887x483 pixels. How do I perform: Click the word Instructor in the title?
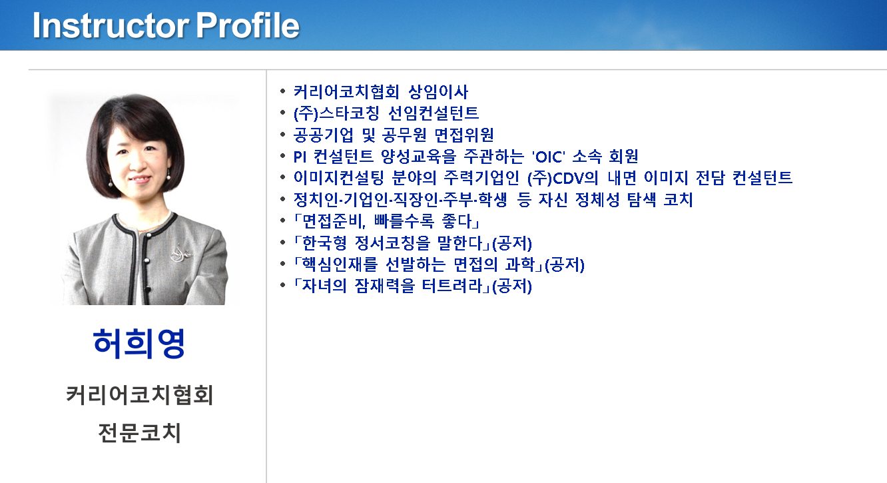tap(111, 26)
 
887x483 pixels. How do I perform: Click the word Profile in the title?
tap(248, 26)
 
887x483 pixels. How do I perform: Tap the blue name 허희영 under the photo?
tap(139, 344)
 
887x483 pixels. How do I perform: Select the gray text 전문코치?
tap(139, 432)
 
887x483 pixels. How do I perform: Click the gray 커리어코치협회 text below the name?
tap(139, 394)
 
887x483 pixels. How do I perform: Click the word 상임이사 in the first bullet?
tap(438, 92)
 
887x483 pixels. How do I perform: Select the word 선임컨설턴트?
tap(434, 113)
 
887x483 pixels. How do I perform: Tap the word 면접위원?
tap(464, 135)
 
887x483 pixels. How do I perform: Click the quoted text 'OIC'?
tap(549, 157)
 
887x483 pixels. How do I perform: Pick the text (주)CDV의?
tap(563, 179)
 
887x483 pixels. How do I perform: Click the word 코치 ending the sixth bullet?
tap(678, 200)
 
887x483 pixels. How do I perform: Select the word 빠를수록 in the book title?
tap(404, 221)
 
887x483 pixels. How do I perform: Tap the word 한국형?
tap(324, 243)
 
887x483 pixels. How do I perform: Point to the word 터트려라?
tap(451, 286)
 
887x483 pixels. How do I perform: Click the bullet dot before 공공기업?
tap(283, 135)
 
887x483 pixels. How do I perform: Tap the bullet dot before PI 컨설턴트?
tap(283, 156)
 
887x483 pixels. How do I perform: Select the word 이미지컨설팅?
tap(338, 179)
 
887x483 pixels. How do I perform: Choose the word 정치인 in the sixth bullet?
tap(316, 200)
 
